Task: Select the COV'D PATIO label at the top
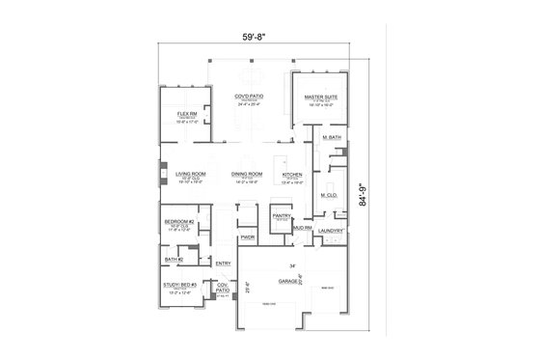pyautogui.click(x=249, y=97)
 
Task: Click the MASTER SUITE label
pyautogui.click(x=319, y=97)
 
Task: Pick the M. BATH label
pyautogui.click(x=332, y=139)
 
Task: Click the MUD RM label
pyautogui.click(x=301, y=228)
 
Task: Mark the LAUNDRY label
pyautogui.click(x=331, y=232)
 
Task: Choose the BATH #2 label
pyautogui.click(x=174, y=259)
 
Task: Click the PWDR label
pyautogui.click(x=247, y=237)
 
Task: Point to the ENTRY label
pyautogui.click(x=223, y=263)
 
